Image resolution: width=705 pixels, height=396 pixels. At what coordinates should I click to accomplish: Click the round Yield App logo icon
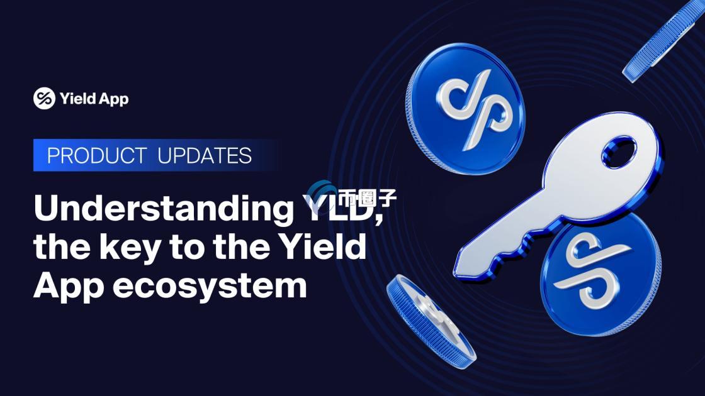45,98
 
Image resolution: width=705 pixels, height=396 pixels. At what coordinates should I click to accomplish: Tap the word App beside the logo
114,99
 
